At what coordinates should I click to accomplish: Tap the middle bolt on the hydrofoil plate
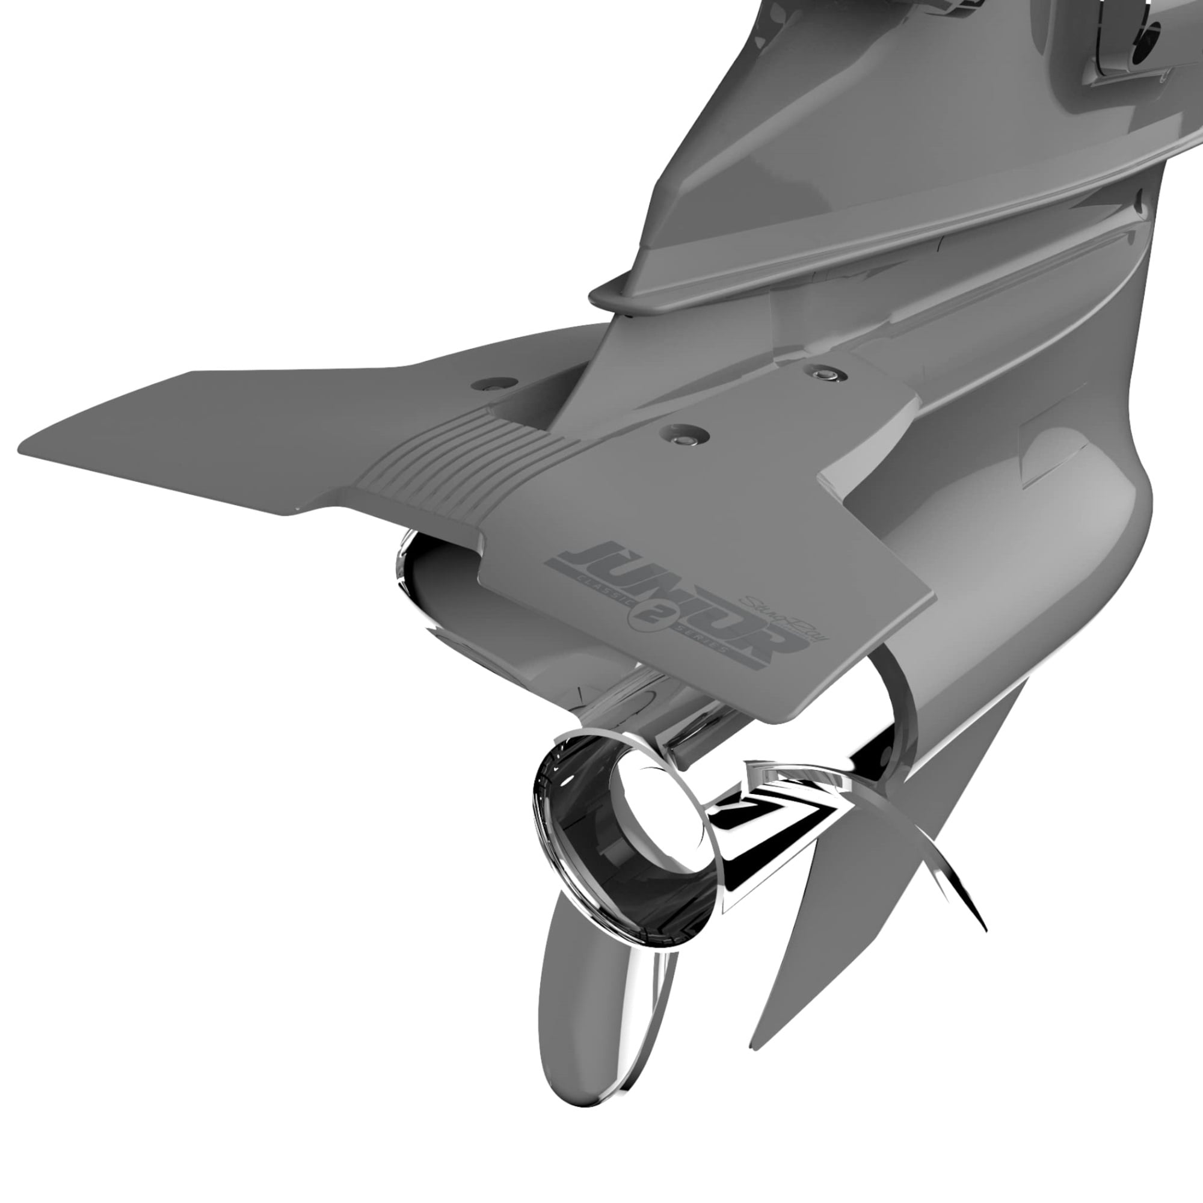[x=683, y=435]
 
